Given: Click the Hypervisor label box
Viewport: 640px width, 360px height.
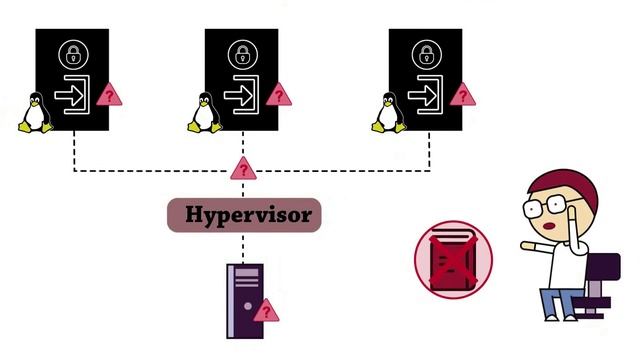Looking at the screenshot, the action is (244, 214).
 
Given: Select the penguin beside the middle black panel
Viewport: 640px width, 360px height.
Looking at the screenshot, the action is (204, 112).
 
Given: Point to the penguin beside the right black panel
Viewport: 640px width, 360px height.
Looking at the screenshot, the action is (389, 112).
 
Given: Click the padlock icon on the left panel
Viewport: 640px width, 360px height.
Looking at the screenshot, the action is (71, 52).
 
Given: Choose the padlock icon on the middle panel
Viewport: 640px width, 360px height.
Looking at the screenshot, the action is (241, 52).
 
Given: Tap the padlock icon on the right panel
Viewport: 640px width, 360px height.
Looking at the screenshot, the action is (424, 52).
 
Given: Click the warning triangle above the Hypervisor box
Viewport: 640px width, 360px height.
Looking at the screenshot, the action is (243, 169).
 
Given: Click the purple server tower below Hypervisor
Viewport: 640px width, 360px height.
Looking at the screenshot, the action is (244, 299).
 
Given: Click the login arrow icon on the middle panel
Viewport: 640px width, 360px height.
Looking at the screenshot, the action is (243, 96).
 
